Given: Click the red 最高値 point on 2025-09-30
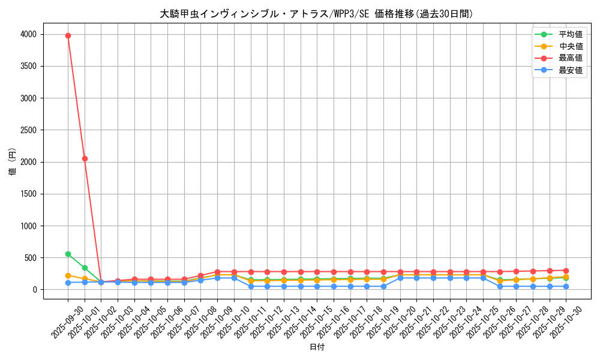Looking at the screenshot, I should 68,35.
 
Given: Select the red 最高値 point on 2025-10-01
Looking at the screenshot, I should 85,158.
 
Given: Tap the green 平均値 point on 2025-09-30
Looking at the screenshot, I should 68,254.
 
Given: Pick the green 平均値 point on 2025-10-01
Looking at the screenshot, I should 85,268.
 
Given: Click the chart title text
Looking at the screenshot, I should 317,14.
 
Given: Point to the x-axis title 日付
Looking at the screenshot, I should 317,347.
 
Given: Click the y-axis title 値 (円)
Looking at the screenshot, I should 12,162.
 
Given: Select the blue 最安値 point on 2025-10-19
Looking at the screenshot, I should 383,286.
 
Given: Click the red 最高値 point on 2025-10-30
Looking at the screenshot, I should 566,271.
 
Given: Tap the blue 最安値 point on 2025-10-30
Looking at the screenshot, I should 566,286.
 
